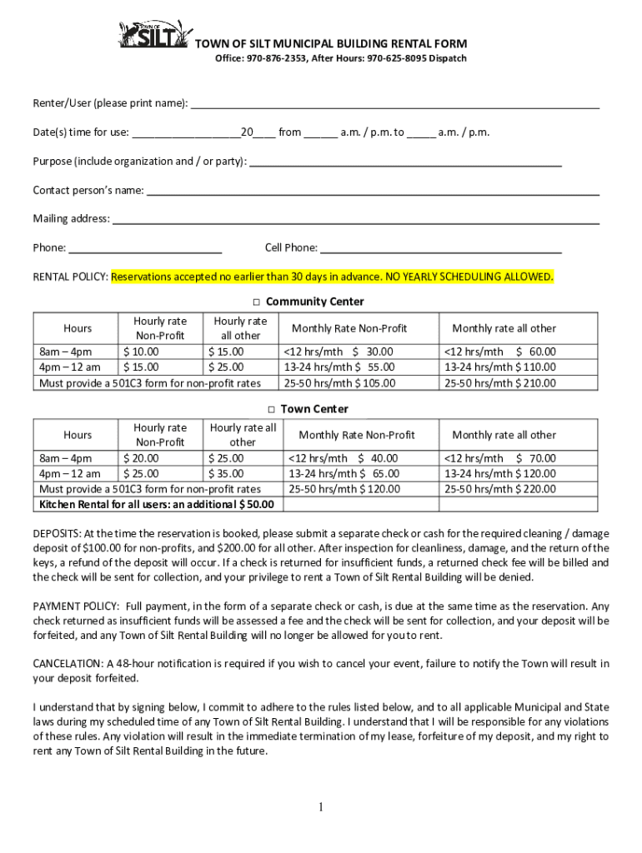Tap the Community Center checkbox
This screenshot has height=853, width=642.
click(258, 302)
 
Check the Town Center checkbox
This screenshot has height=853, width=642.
click(272, 409)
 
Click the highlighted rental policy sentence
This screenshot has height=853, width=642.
click(332, 277)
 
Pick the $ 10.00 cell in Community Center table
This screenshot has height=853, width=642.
click(141, 352)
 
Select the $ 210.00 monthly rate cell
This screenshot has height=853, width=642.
click(499, 383)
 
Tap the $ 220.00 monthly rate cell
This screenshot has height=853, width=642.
click(499, 489)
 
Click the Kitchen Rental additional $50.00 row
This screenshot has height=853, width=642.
click(157, 504)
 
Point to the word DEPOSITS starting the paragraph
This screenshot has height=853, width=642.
click(57, 533)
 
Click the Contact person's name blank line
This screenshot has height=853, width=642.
click(373, 192)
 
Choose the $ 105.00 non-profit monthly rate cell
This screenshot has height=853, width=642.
click(340, 383)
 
